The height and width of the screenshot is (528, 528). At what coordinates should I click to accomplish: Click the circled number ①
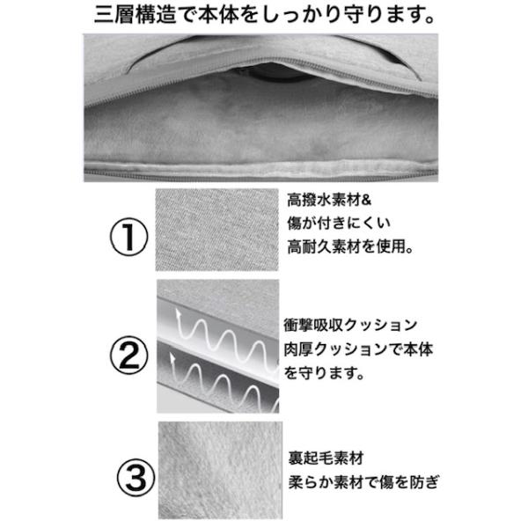point(129,238)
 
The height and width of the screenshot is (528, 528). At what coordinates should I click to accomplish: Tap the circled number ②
point(129,356)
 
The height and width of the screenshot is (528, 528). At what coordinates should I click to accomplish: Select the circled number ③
point(136,477)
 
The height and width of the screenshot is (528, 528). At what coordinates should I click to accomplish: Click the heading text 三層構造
point(136,16)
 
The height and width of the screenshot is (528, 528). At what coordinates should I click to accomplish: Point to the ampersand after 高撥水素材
point(366,200)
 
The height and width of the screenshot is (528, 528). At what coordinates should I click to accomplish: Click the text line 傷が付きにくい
point(339,223)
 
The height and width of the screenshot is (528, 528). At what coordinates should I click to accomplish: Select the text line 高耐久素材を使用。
point(350,246)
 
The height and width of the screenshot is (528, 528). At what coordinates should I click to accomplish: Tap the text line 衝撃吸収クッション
point(350,325)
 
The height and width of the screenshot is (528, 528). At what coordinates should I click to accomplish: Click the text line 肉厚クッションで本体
point(358,349)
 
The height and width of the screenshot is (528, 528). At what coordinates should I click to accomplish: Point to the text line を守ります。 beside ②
point(324,373)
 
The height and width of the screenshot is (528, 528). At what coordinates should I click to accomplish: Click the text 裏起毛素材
point(326,458)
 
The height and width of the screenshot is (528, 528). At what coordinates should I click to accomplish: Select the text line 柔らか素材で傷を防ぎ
point(364,482)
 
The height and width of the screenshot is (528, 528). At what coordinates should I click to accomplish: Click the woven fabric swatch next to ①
point(216,230)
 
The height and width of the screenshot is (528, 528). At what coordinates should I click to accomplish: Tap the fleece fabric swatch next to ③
point(220,470)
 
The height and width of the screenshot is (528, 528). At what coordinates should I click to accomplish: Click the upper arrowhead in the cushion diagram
point(178,314)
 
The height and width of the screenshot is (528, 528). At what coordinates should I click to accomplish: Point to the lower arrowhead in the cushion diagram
point(172,358)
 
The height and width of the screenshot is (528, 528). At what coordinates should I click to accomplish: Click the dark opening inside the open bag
point(276,73)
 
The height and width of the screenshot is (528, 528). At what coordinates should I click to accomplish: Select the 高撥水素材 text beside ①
point(324,200)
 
